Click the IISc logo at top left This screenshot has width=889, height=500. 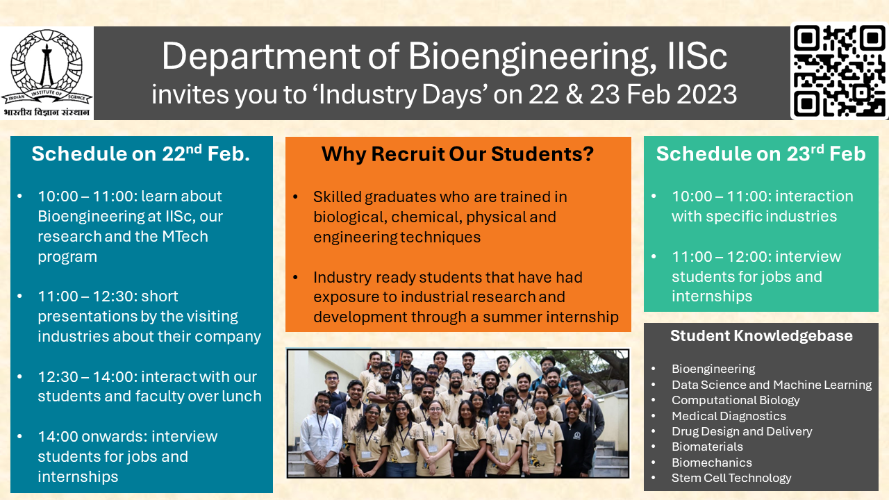coord(47,73)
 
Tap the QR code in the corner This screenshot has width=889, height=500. coord(839,71)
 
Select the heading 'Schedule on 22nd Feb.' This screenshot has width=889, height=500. coord(140,153)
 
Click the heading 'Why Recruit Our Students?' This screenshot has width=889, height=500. coord(458,153)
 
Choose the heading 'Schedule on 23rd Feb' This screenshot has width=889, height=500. coord(761,153)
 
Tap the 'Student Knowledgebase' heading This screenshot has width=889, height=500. coord(761,336)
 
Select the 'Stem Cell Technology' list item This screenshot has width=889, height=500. coord(731,478)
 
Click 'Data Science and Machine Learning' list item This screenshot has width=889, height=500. coord(771,385)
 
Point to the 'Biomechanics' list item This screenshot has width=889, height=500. coord(711,462)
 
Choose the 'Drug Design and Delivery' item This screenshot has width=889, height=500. coord(741,431)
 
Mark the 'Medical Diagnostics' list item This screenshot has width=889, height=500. coord(729,416)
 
